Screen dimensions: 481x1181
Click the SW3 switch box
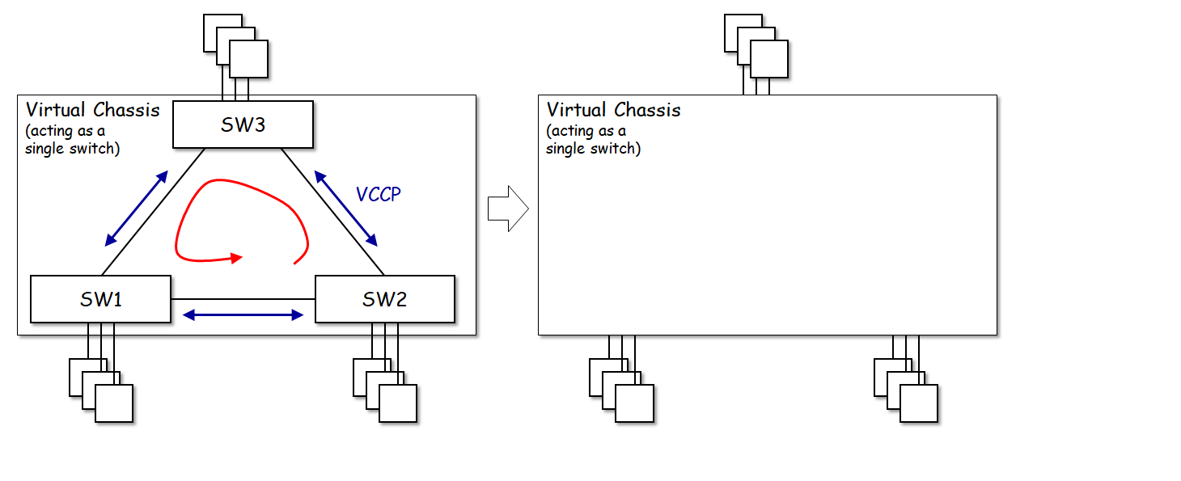coord(243,124)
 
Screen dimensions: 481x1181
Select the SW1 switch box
coord(100,299)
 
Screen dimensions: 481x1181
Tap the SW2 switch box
coord(384,299)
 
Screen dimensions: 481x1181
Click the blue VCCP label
coord(378,194)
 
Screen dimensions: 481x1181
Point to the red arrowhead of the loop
coord(237,259)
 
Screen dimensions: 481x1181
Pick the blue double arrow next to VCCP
coord(345,208)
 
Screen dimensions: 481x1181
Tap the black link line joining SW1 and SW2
coord(243,299)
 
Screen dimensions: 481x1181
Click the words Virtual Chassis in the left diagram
coord(93,109)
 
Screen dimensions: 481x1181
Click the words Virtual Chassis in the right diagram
coord(614,109)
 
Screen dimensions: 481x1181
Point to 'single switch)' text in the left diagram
coord(72,149)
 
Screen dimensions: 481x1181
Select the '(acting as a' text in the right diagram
coord(586,131)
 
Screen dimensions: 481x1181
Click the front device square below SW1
coord(114,403)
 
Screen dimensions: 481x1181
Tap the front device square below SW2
coord(398,403)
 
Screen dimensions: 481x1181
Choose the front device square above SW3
coord(248,59)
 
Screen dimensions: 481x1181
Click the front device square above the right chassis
coord(768,59)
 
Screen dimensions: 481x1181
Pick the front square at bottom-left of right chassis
coord(635,403)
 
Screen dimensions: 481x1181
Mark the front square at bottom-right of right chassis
coord(919,403)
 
